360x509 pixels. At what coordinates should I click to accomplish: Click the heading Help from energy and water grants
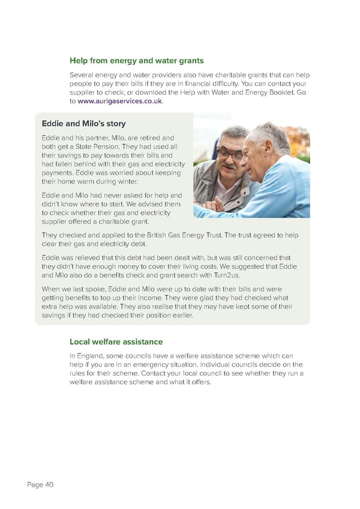tap(136, 61)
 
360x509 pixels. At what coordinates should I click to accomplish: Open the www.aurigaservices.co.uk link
tap(119, 101)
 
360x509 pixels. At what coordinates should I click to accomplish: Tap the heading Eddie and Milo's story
tap(83, 124)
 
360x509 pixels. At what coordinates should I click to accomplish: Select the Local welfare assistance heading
tap(116, 342)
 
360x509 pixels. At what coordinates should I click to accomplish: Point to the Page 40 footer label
tap(40, 485)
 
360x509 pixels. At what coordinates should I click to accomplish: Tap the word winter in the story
tap(124, 181)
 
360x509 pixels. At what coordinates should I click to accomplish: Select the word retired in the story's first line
tap(150, 138)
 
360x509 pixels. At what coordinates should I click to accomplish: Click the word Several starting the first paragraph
tap(83, 75)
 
